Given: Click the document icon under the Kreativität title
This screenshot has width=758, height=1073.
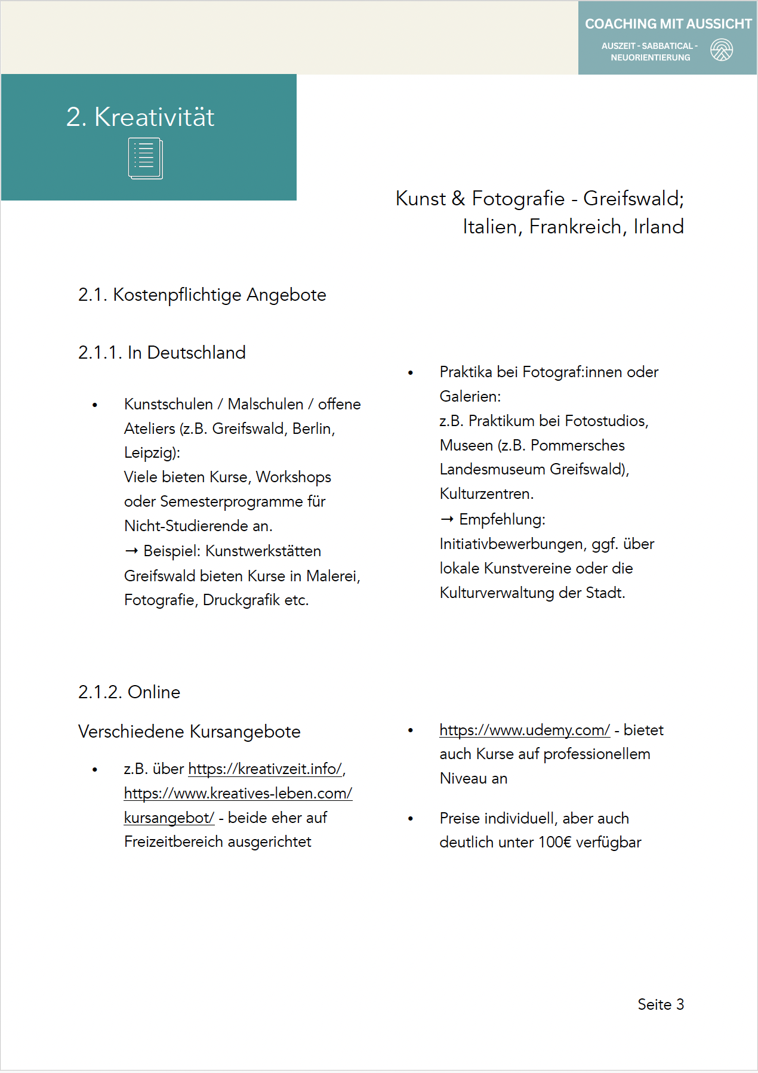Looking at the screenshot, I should (x=145, y=159).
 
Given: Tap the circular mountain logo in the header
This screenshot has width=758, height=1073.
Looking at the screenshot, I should (x=722, y=50).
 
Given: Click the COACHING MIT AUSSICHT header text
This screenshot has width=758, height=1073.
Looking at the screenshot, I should (x=668, y=24).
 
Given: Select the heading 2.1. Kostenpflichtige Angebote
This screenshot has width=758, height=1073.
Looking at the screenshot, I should (x=202, y=295).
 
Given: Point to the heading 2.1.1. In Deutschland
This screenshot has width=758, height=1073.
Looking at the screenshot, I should (x=162, y=353).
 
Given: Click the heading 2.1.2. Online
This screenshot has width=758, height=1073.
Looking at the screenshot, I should (x=129, y=692).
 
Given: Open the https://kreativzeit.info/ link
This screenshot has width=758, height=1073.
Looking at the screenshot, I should (x=265, y=769).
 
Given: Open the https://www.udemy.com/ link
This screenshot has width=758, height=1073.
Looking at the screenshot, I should (x=524, y=730).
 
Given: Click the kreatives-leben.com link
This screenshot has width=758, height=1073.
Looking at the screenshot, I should (x=238, y=793).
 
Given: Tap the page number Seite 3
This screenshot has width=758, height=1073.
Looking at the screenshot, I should (x=660, y=1004).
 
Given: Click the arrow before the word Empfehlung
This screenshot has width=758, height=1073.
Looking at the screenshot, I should (x=447, y=519).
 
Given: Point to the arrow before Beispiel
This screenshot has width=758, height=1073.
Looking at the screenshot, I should (x=131, y=551).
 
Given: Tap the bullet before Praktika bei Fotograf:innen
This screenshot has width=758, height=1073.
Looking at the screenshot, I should (x=411, y=373).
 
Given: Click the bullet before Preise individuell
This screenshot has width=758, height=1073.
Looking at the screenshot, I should (x=411, y=819).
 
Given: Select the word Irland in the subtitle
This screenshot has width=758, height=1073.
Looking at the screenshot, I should (x=658, y=227).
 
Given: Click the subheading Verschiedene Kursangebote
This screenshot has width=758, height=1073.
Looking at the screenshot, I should (x=189, y=732).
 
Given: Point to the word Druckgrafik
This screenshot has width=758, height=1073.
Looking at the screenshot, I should (x=241, y=600).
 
